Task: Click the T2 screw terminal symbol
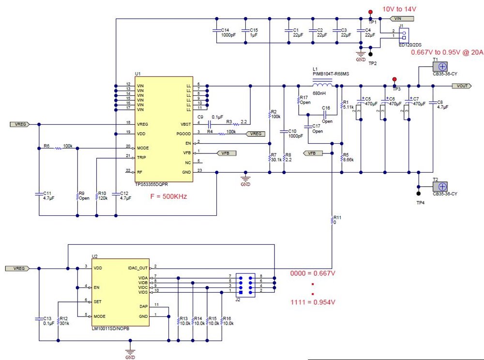click(442, 187)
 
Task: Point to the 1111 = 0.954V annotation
click(313, 302)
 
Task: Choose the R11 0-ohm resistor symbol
click(332, 221)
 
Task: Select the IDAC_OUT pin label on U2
click(137, 267)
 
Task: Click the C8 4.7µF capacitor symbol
click(432, 103)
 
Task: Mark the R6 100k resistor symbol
click(58, 148)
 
